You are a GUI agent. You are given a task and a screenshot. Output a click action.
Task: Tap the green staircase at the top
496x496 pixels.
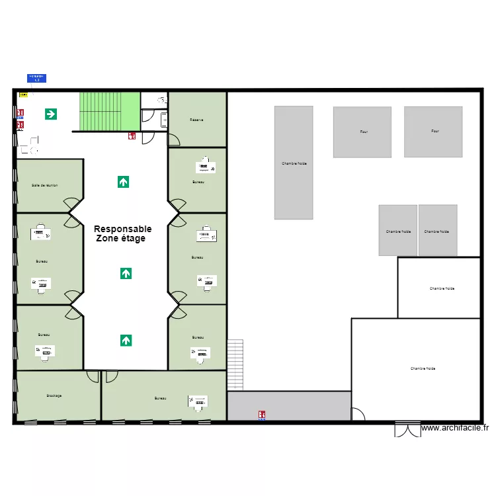pos(110,111)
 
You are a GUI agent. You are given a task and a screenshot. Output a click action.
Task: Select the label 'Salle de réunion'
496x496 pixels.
pos(44,186)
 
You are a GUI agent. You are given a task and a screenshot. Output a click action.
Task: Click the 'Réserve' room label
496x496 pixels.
pos(196,120)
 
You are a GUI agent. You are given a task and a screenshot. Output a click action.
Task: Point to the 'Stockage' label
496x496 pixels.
pos(54,395)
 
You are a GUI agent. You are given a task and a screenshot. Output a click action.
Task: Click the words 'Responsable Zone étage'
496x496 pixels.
pos(122,233)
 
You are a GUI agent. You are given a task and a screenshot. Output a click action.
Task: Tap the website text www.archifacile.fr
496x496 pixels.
pos(455,428)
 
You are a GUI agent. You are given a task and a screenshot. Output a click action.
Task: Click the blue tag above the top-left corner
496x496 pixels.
pos(36,78)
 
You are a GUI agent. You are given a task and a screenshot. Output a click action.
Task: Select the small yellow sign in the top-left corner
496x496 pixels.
pos(23,95)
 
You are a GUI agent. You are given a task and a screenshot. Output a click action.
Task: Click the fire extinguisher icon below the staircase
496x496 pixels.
pos(132,136)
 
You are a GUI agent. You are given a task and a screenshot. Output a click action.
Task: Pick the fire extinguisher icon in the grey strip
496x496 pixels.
pos(262,415)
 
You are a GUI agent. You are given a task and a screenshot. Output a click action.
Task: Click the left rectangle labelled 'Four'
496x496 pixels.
pos(362,132)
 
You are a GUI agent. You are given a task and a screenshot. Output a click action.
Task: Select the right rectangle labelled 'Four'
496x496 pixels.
pos(433,132)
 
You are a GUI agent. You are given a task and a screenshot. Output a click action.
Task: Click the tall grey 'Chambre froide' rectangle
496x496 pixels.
pos(294,163)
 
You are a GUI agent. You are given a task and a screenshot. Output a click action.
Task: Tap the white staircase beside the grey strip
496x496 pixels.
pos(235,365)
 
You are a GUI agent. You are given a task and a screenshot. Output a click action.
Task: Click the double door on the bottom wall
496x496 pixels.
pos(407,429)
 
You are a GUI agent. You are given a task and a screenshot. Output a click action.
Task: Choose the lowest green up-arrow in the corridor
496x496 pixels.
pos(126,341)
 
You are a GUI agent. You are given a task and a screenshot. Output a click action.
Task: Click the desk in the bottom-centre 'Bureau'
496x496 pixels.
pos(197,402)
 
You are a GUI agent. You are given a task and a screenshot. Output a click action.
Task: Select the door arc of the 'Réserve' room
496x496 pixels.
pos(174,140)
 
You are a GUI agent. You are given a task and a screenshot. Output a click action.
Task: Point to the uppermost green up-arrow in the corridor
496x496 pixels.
pos(123,181)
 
